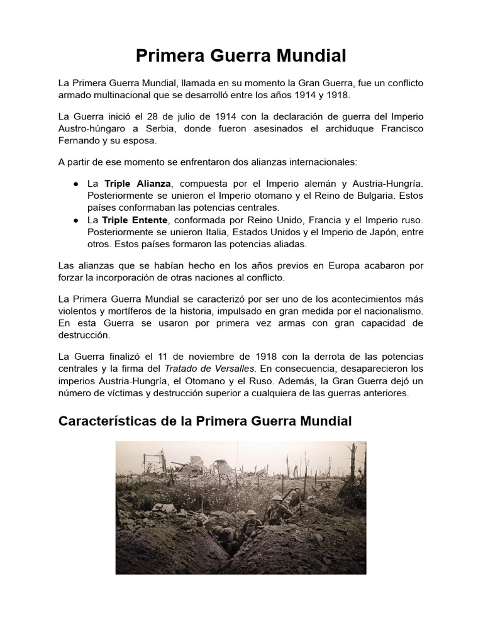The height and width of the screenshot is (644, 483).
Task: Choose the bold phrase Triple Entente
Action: [x=136, y=220]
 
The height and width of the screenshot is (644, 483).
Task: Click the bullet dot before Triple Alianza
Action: [x=75, y=184]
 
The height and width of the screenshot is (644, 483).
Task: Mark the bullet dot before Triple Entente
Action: [x=75, y=221]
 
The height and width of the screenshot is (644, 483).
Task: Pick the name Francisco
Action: [x=401, y=129]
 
